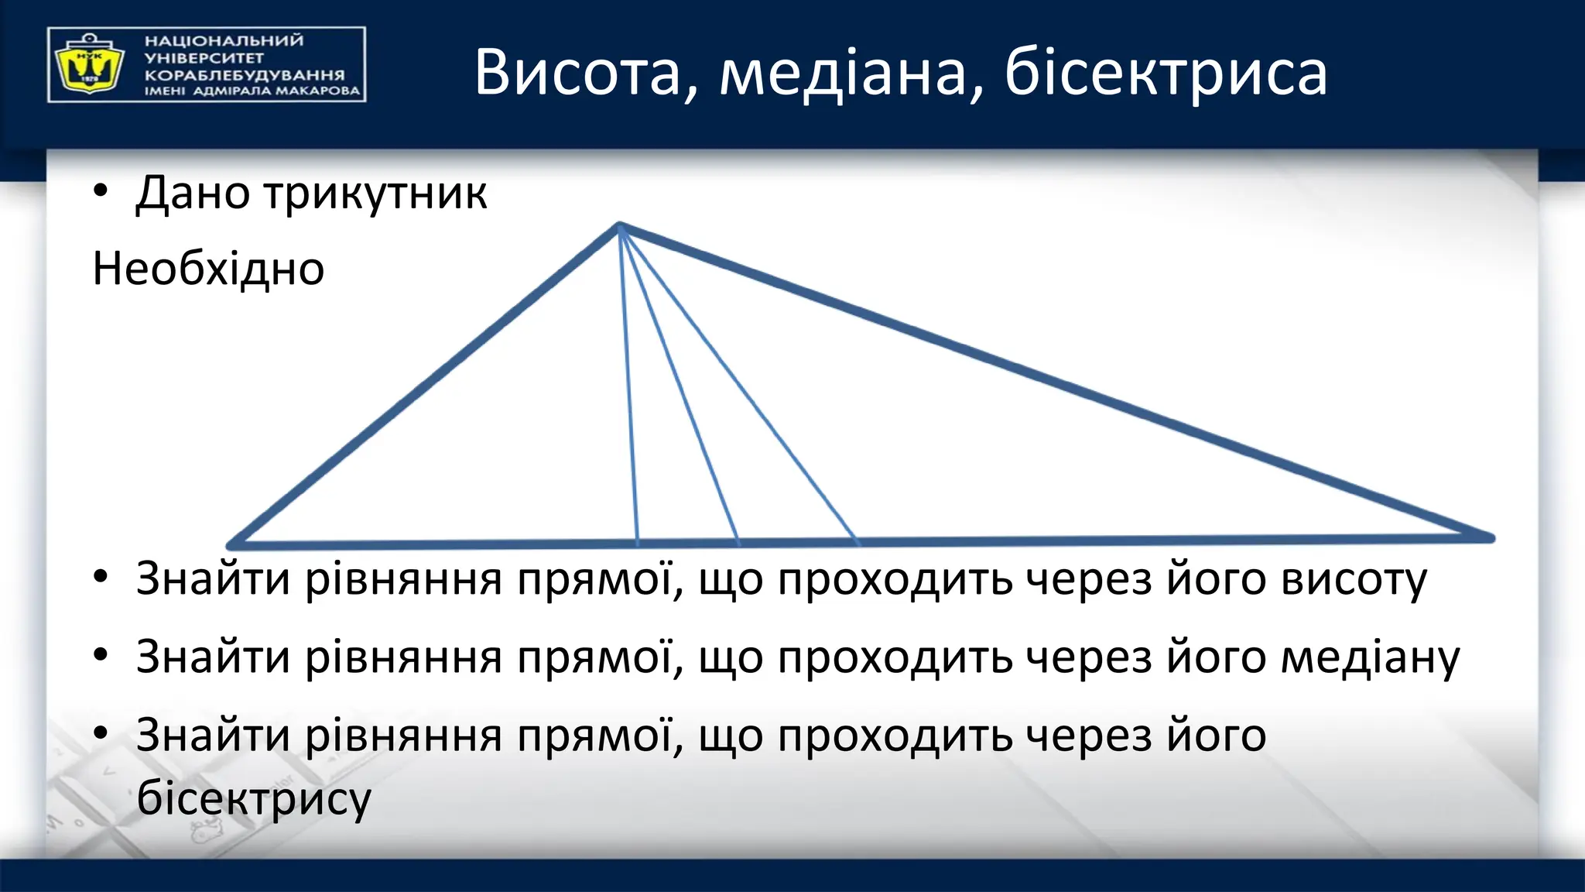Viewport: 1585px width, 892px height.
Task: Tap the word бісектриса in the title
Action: (x=1166, y=74)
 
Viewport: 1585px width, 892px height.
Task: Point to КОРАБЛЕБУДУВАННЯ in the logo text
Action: (x=244, y=75)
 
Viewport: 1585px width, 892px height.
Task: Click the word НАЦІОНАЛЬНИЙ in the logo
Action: (x=224, y=40)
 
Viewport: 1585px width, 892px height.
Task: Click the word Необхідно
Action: (x=208, y=269)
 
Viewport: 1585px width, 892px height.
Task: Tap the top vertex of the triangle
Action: (x=619, y=225)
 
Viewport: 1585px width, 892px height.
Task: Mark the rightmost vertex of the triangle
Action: (x=1491, y=537)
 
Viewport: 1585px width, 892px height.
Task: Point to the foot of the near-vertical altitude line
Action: (x=637, y=541)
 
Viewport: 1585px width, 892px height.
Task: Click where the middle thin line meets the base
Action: (x=738, y=540)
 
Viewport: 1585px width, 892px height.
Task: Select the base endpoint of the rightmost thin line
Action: (x=856, y=540)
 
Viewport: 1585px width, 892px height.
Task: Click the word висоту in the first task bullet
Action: (x=1354, y=579)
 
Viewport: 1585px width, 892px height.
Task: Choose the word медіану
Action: (x=1370, y=657)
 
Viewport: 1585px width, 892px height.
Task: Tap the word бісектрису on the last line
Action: (x=254, y=798)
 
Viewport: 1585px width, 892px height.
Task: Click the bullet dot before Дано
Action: (x=100, y=191)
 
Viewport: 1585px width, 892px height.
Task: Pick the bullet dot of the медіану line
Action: (x=100, y=656)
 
